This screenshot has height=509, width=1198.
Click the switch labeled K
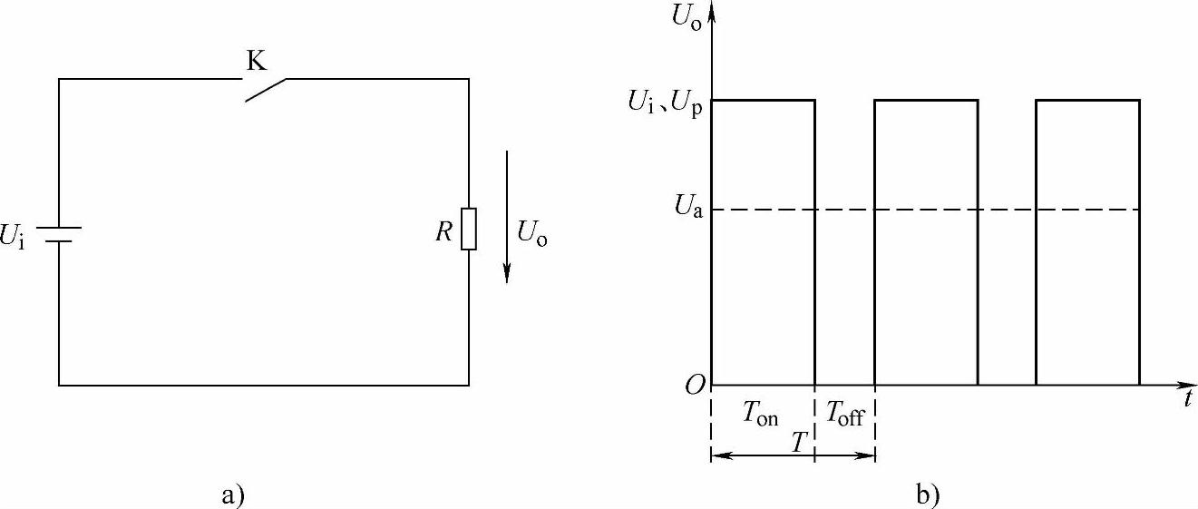coord(266,89)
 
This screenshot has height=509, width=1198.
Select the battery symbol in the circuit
coord(60,235)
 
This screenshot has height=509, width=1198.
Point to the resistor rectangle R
coord(468,229)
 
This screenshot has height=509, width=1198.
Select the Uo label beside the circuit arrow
coord(532,233)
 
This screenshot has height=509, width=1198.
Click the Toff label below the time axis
coord(844,416)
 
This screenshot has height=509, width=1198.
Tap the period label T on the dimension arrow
coord(799,444)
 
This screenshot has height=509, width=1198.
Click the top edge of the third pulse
coord(1087,100)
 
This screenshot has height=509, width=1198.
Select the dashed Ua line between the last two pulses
coord(1007,210)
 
